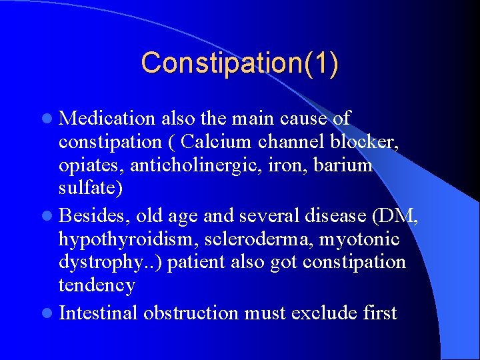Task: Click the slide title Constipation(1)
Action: [x=239, y=63]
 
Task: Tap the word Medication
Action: [x=107, y=119]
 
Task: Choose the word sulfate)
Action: [x=91, y=189]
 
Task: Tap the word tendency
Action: [x=97, y=285]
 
